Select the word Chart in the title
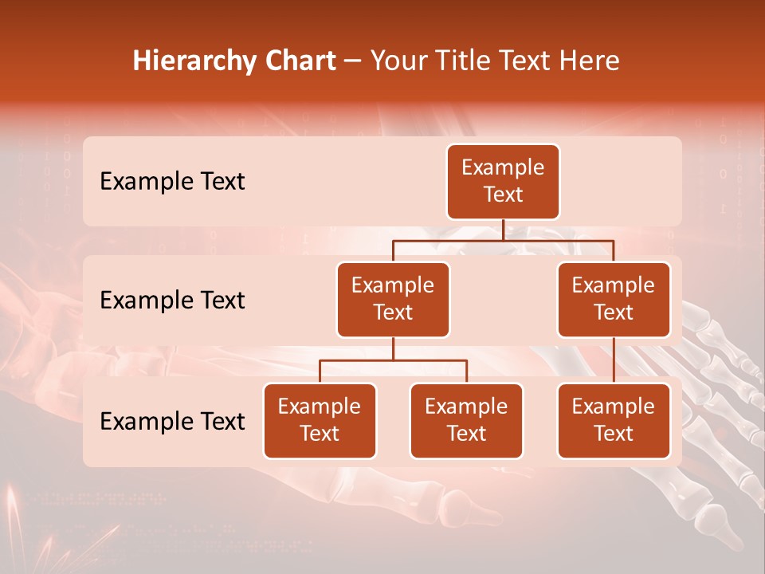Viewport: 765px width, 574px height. pos(296,61)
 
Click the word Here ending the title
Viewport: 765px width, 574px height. pos(588,61)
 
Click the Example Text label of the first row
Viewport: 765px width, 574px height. pos(172,182)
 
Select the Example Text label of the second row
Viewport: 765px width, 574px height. pos(172,301)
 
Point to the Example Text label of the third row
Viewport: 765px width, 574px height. pos(172,421)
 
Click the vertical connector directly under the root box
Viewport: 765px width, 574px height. pos(503,230)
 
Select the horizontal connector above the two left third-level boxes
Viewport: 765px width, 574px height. pos(393,360)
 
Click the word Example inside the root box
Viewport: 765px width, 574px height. pos(503,167)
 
